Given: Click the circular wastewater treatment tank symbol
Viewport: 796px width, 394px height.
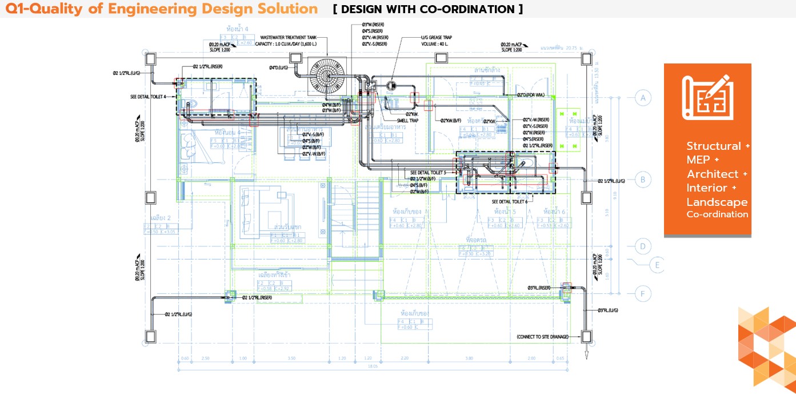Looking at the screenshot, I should (328, 77).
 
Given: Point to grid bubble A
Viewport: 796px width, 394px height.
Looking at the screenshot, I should (643, 98).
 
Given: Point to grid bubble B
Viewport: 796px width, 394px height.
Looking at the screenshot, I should (643, 180).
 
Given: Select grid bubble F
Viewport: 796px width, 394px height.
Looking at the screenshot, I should (643, 294).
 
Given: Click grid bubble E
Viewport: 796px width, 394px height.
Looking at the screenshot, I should (658, 265).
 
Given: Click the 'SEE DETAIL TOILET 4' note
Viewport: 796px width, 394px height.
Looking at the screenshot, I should (151, 97).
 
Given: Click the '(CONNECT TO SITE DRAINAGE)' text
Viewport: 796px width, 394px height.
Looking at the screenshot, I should (542, 337).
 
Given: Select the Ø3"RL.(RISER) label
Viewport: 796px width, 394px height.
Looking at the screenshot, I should (539, 288).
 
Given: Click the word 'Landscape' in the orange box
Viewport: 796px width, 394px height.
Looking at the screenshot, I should (717, 202).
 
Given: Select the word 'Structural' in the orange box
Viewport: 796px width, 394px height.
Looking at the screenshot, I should (713, 146).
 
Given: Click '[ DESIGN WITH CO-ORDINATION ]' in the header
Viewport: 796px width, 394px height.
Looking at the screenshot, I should (427, 9).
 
